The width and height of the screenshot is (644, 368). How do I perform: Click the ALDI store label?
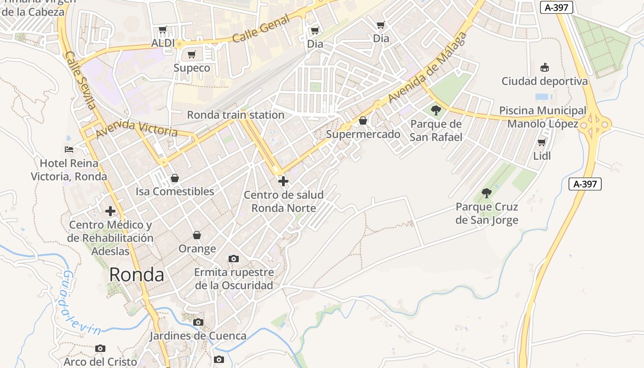coord(163,43)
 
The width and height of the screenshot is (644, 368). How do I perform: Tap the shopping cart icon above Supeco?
coord(192,55)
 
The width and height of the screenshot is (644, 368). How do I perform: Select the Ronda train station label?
coord(236,115)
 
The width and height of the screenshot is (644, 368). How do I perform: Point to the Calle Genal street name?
coord(261,29)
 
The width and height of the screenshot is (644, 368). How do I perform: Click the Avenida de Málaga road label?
coord(427,68)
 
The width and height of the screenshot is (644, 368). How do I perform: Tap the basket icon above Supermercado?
coord(363,121)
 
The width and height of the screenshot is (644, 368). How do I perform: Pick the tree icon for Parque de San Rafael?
coord(436,110)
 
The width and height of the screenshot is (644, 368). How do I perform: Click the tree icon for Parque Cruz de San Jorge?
coord(487,193)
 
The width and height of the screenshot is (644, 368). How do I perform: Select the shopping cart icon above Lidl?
coord(542,143)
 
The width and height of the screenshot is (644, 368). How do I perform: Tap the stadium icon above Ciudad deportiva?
coord(545,68)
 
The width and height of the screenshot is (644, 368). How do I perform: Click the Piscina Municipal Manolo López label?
coord(543,117)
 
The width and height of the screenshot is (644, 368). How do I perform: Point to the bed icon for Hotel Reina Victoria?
coord(69,149)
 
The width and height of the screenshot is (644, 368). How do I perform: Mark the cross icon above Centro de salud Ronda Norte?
coord(283,181)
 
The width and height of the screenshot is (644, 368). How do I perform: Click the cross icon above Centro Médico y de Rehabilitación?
coord(110,211)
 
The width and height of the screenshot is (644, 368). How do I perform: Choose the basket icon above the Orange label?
coord(197,236)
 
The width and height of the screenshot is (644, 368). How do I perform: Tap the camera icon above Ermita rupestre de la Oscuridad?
coord(234,259)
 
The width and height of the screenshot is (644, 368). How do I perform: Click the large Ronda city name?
coord(137,275)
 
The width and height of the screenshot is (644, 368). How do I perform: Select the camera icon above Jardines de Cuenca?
coord(198,322)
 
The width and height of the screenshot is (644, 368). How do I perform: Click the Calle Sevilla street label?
coord(80,80)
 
